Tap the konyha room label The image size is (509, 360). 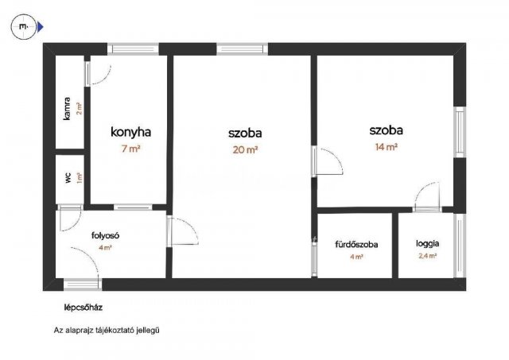tap(130, 133)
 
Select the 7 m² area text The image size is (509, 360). tap(130, 149)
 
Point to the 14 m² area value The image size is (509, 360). tap(386, 146)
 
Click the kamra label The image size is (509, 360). tap(68, 108)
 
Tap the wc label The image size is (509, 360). tap(68, 176)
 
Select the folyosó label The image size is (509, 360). tap(105, 235)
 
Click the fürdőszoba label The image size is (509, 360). tap(356, 244)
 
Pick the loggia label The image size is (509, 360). tap(428, 244)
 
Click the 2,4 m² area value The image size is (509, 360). tap(428, 257)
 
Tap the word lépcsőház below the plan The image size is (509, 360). tap(84, 307)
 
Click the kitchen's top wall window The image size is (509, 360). tap(133, 49)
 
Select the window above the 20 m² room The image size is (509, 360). tap(240, 49)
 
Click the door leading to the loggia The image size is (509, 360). tap(427, 196)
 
